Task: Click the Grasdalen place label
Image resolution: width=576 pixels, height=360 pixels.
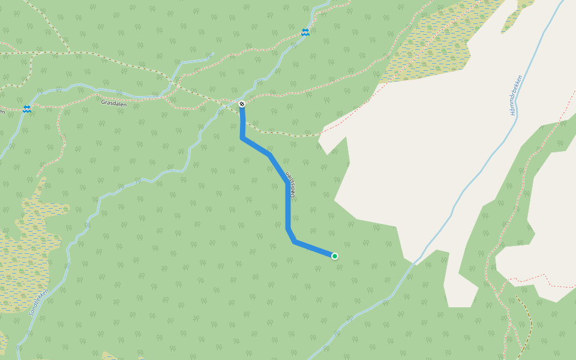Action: [113, 103]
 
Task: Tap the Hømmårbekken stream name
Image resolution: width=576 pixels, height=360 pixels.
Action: [518, 95]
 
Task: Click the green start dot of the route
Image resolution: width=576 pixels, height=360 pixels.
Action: [335, 256]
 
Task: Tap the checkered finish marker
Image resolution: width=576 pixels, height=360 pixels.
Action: [242, 104]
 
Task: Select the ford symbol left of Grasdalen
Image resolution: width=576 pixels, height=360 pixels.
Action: [26, 109]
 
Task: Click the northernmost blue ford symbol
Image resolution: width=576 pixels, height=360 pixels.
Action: [305, 32]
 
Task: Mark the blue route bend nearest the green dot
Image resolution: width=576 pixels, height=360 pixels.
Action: [295, 241]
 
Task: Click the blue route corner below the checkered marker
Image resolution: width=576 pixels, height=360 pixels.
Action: [242, 138]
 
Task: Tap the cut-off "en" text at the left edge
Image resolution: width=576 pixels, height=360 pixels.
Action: [2, 109]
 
